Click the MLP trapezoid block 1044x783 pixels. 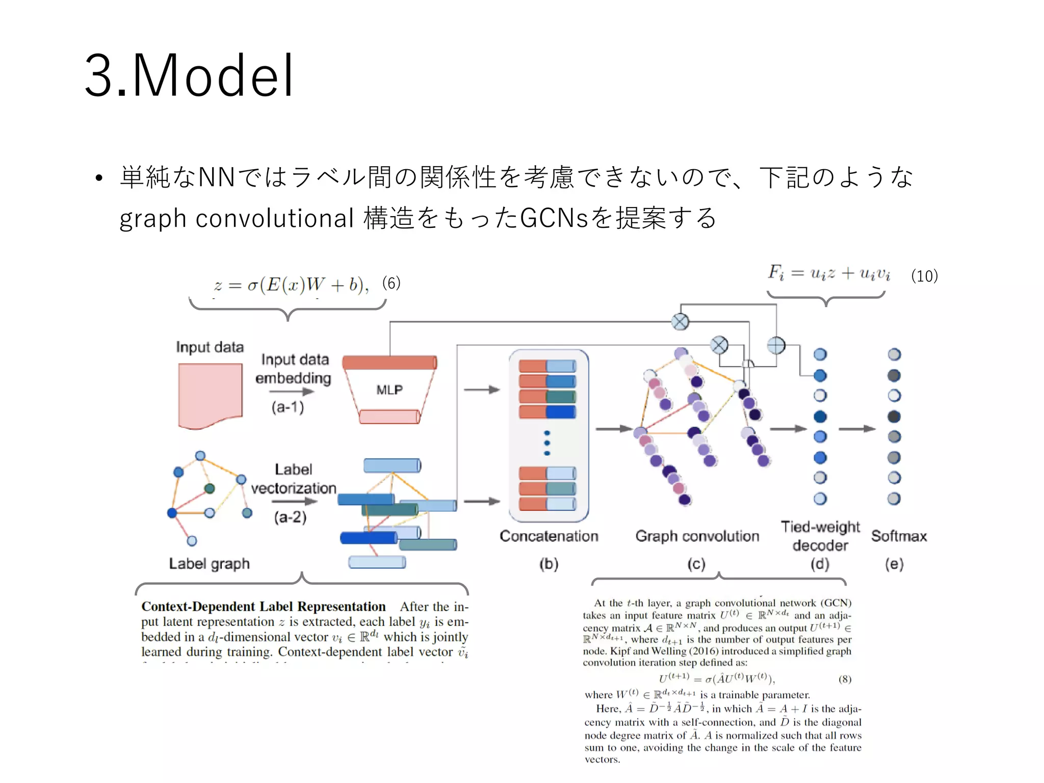[x=389, y=390]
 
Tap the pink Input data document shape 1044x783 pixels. [x=210, y=395]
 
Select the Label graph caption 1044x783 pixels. [x=210, y=563]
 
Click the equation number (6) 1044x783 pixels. [x=391, y=283]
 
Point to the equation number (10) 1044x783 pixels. [x=924, y=276]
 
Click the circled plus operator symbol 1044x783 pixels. [x=776, y=346]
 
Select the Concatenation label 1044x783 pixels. [x=549, y=536]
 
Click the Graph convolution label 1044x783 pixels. [x=697, y=536]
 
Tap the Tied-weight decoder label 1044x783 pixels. [x=820, y=536]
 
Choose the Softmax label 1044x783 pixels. [x=899, y=536]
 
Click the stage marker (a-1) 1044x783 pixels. [x=288, y=407]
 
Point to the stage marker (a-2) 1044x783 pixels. [x=290, y=517]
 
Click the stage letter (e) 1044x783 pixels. [x=894, y=564]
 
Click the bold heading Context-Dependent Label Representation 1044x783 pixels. [x=264, y=607]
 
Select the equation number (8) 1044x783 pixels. [x=845, y=679]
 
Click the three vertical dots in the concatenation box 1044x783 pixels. [x=547, y=443]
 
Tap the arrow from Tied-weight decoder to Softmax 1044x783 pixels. [x=856, y=429]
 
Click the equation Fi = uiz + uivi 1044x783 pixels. [x=829, y=273]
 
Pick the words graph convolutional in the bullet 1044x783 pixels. [x=237, y=218]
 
